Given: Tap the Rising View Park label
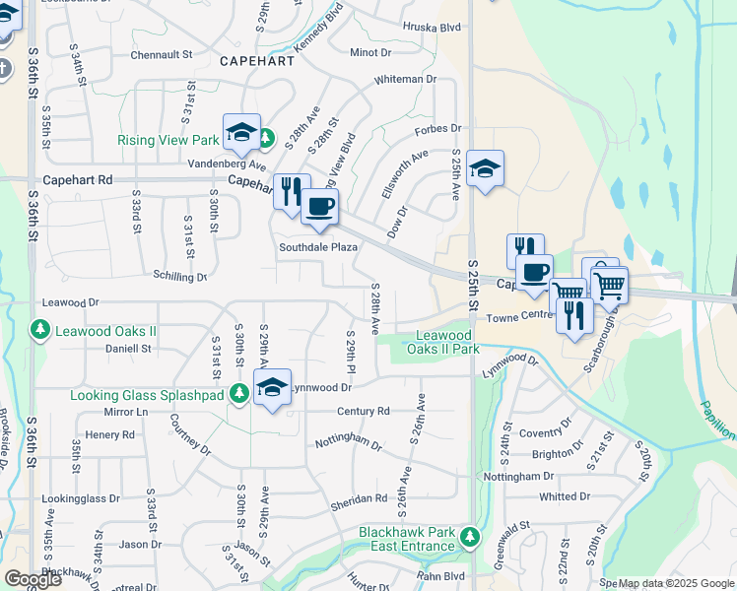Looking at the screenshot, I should pos(167,141).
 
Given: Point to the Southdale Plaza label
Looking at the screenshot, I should pos(317,247).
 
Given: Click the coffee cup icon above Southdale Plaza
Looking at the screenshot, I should pos(319,208).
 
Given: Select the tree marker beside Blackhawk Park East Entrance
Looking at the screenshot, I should pos(470,538).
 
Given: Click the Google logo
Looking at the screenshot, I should pos(32,578).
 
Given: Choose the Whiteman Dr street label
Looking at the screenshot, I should pos(404,79).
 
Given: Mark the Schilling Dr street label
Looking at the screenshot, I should pos(179,277).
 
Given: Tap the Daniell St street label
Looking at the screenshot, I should pos(128,349).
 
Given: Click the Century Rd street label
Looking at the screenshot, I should pos(363,411).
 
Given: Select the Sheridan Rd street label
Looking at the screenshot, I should pos(359,498).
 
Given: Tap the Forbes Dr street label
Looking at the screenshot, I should pos(438,128).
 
